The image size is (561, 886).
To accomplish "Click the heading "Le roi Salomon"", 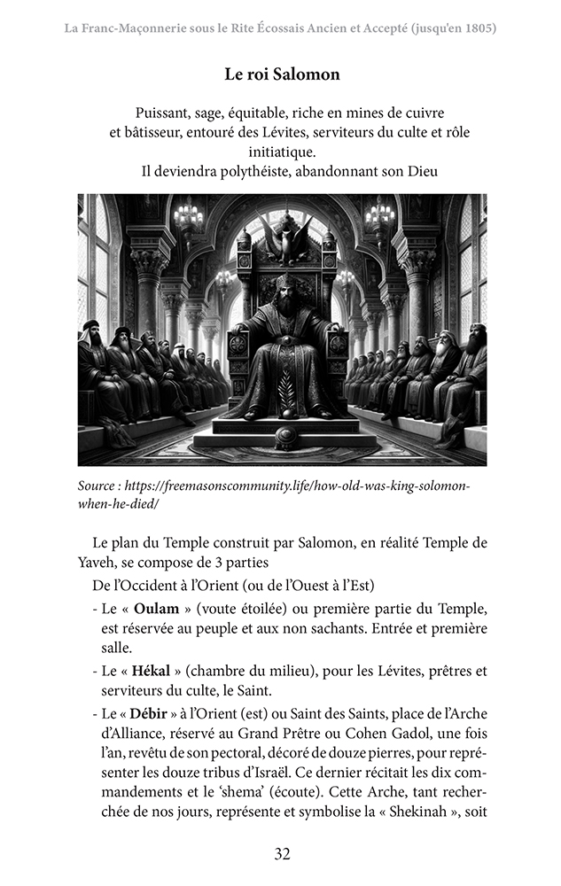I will click(x=282, y=74).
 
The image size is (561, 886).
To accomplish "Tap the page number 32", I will click(x=282, y=854).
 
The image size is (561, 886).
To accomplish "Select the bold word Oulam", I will click(x=152, y=610).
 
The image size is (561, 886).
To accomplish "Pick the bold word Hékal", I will click(x=150, y=670).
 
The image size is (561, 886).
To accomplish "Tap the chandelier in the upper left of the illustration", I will click(x=188, y=215).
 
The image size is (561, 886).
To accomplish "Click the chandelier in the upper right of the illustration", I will click(x=379, y=214).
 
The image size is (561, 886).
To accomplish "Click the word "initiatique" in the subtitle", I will click(x=282, y=152).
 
